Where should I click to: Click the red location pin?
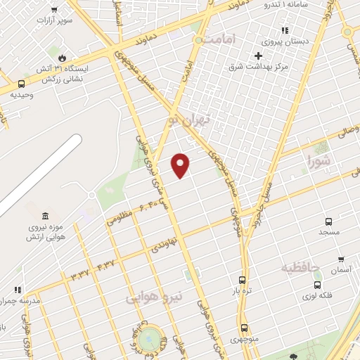[181, 165]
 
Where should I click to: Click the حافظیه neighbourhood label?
[300, 268]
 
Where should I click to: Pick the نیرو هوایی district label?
[154, 297]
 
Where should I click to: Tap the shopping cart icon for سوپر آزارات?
[54, 11]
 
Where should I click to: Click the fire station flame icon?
[62, 57]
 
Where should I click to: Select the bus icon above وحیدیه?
[21, 84]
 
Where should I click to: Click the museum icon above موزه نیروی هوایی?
[45, 215]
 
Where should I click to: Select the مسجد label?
[329, 231]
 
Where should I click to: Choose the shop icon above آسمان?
[341, 259]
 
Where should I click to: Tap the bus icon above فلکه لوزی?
[318, 285]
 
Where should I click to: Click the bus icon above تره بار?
[243, 279]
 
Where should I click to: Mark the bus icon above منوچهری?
[245, 328]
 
